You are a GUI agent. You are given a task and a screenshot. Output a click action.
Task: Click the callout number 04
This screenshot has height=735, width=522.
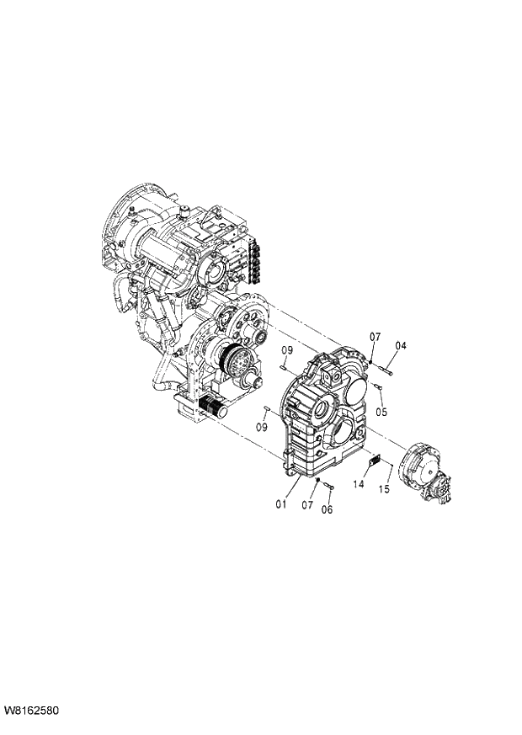401,345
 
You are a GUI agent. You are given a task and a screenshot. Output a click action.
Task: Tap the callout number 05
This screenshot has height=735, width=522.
381,412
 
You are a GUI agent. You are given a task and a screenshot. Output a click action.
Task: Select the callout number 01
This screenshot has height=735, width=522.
280,504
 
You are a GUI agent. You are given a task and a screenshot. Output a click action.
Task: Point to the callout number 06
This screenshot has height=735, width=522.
328,509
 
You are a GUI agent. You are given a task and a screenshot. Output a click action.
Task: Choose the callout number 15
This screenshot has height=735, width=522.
384,489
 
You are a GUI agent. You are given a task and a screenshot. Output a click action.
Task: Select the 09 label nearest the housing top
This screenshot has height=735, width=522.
287,350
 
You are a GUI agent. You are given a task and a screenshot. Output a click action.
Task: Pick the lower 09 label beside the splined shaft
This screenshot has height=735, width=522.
262,427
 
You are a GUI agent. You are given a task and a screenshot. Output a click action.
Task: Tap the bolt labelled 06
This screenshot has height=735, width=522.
328,487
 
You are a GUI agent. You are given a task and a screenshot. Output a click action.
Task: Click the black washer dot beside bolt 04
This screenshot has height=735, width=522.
370,361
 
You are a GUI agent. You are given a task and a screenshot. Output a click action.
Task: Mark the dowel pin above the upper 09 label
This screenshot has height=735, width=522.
285,366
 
